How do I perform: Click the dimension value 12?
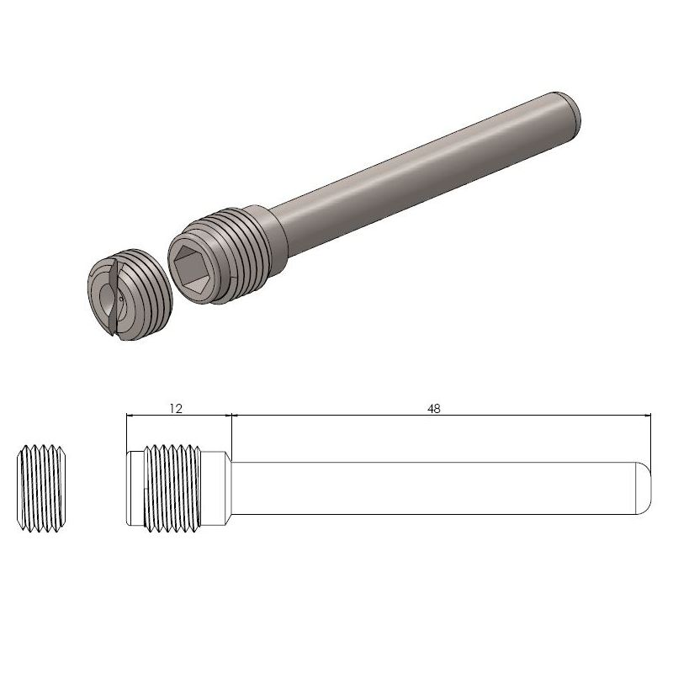(176, 408)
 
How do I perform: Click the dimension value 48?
(434, 409)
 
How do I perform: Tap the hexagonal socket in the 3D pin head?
(193, 270)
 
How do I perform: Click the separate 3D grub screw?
(130, 295)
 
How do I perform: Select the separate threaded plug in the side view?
(41, 489)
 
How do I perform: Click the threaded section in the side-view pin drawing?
(172, 489)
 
